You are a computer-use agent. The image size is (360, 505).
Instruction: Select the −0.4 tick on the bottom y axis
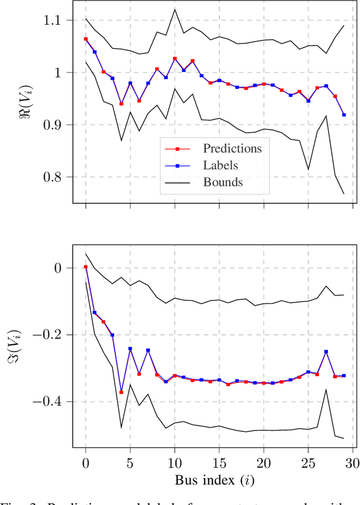tap(46, 402)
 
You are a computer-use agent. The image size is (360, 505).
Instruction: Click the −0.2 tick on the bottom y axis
tap(46, 335)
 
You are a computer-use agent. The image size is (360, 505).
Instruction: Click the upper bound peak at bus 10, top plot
tap(174, 8)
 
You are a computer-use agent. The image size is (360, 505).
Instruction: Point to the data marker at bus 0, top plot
tap(85, 39)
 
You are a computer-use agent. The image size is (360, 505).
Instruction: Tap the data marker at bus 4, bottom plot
tap(121, 392)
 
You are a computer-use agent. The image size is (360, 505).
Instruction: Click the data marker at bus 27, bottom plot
tap(326, 351)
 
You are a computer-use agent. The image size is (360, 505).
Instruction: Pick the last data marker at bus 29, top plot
tap(344, 115)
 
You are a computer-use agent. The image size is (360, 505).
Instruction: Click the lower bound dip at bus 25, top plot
tap(308, 169)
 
